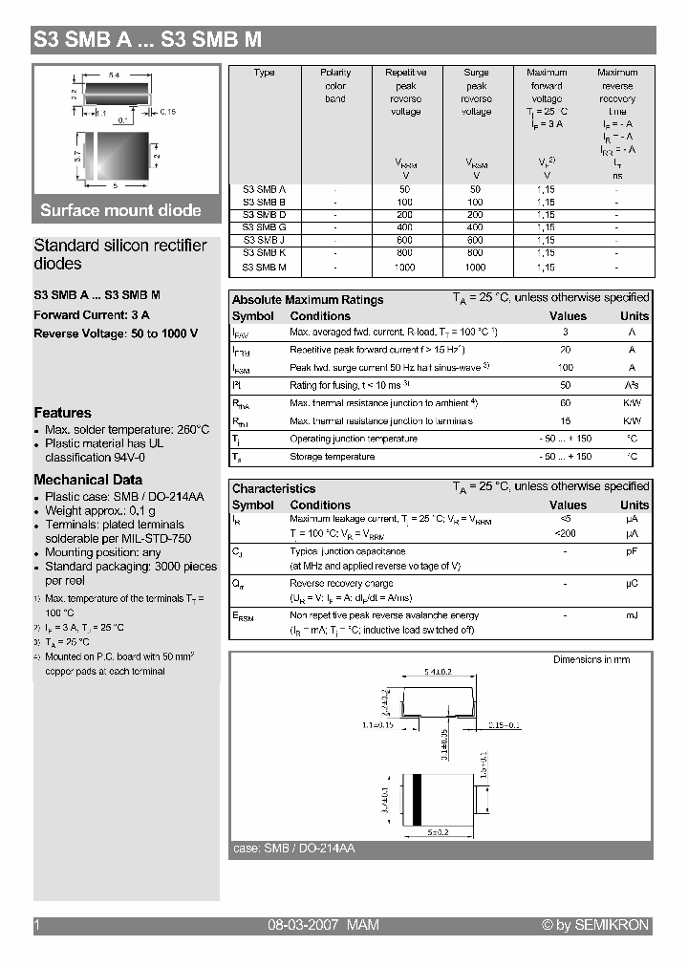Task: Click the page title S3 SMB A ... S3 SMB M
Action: coord(147,40)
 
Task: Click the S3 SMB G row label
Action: coord(265,227)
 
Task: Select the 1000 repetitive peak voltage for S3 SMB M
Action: coord(405,269)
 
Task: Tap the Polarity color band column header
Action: coord(335,85)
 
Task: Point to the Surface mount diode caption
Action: coord(120,210)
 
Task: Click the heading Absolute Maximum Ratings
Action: coord(308,300)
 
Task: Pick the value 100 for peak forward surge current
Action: coord(566,368)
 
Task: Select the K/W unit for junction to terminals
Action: coord(632,421)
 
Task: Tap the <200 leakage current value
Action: coord(566,533)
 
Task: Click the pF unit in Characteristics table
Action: coord(632,551)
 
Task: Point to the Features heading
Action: coord(63,413)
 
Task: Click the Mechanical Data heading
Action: coord(88,480)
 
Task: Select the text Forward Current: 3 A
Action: coord(92,315)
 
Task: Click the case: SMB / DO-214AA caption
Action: coord(294,849)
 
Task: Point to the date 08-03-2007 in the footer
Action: coord(298,925)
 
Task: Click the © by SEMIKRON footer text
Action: coord(595,925)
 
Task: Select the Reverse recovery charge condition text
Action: coord(341,584)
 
